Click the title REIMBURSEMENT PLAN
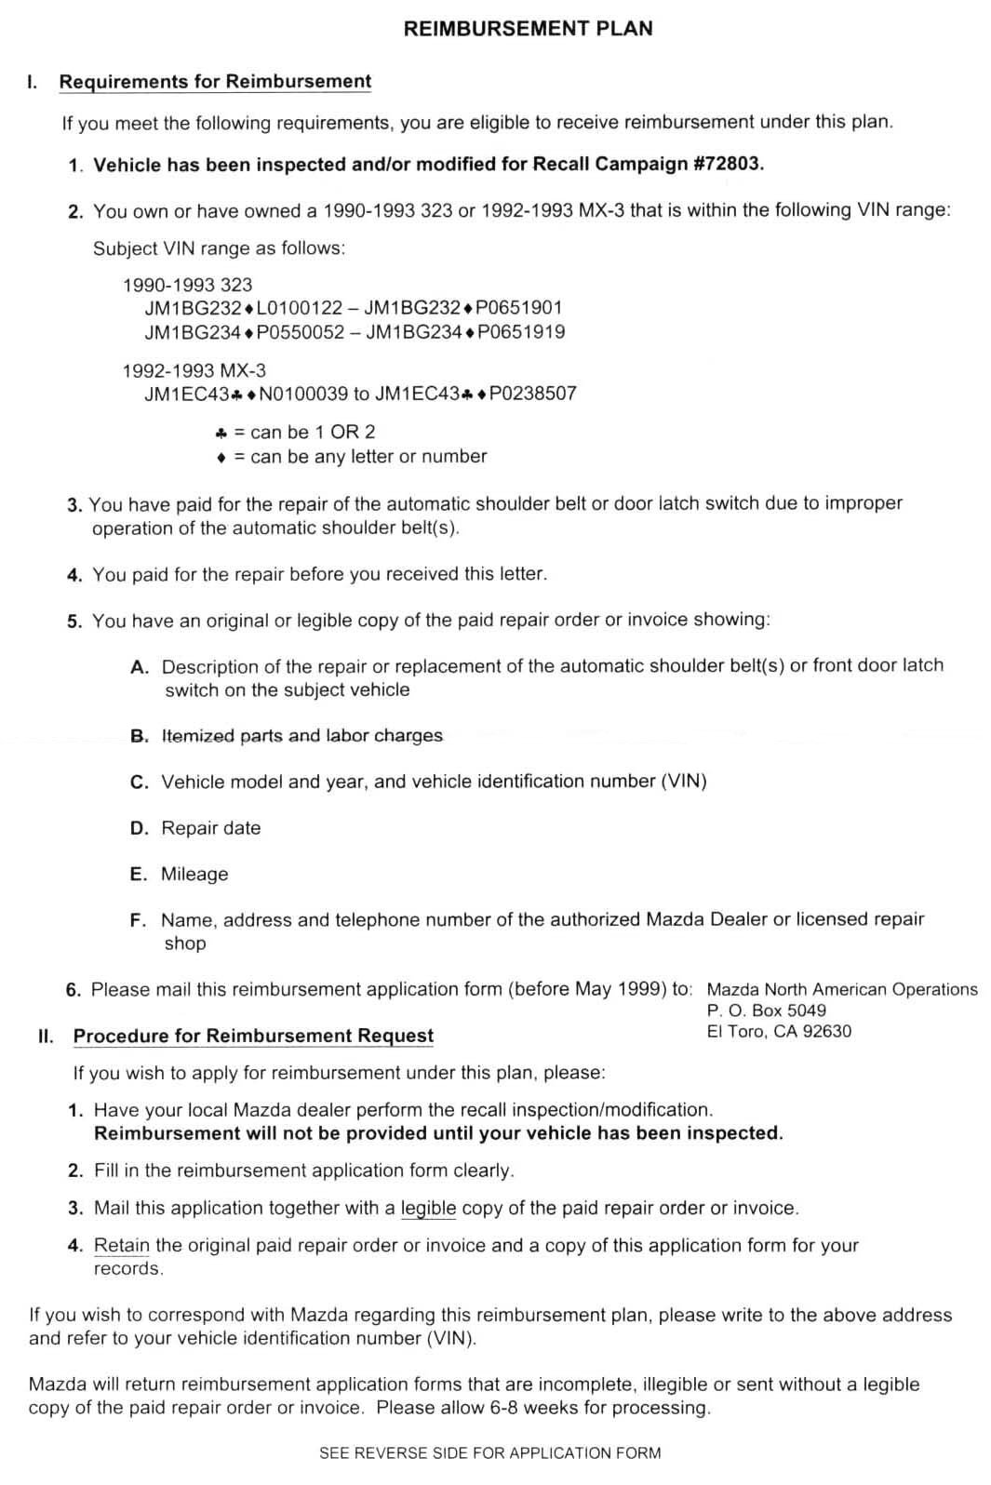528,29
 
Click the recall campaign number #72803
729,164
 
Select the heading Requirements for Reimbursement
215,82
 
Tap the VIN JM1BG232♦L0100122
244,308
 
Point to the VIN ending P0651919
465,332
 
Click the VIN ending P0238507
475,394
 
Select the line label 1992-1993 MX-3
194,370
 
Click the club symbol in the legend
221,433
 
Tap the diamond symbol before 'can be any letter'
221,458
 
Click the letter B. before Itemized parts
140,736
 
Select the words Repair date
211,828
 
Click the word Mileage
194,874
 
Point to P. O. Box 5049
766,1010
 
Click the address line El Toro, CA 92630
779,1031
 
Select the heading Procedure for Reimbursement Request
253,1036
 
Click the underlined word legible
428,1208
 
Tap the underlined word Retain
122,1245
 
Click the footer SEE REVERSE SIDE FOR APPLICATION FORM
489,1452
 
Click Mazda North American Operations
842,989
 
